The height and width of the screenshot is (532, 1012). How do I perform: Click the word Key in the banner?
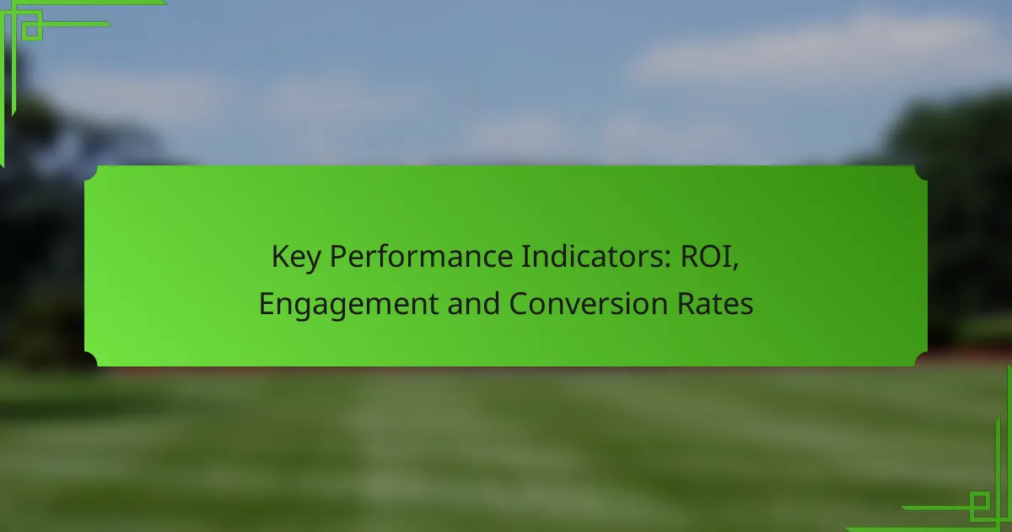pyautogui.click(x=296, y=258)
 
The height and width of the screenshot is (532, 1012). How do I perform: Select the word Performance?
pyautogui.click(x=422, y=257)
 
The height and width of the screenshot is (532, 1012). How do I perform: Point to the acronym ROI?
pyautogui.click(x=706, y=257)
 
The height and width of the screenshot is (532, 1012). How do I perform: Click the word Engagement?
pyautogui.click(x=348, y=305)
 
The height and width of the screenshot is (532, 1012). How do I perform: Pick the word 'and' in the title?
pyautogui.click(x=473, y=303)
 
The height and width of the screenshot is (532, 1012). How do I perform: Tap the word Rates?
pyautogui.click(x=715, y=303)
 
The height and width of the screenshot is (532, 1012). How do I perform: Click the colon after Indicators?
pyautogui.click(x=668, y=260)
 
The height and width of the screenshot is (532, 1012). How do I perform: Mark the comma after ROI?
pyautogui.click(x=735, y=268)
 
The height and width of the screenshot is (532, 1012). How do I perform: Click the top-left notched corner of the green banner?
pyautogui.click(x=92, y=173)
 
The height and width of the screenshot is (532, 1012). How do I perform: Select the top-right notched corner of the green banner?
pyautogui.click(x=921, y=173)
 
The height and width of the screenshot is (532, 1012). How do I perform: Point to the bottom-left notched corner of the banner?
pyautogui.click(x=91, y=359)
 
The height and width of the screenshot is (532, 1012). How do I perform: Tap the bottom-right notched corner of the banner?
pyautogui.click(x=921, y=359)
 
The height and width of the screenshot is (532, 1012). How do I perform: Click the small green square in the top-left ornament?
pyautogui.click(x=32, y=30)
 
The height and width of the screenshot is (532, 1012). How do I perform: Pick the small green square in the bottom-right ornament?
pyautogui.click(x=980, y=502)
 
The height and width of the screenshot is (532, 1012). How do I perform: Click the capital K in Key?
pyautogui.click(x=279, y=257)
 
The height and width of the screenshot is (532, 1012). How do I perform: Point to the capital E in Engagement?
pyautogui.click(x=266, y=303)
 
